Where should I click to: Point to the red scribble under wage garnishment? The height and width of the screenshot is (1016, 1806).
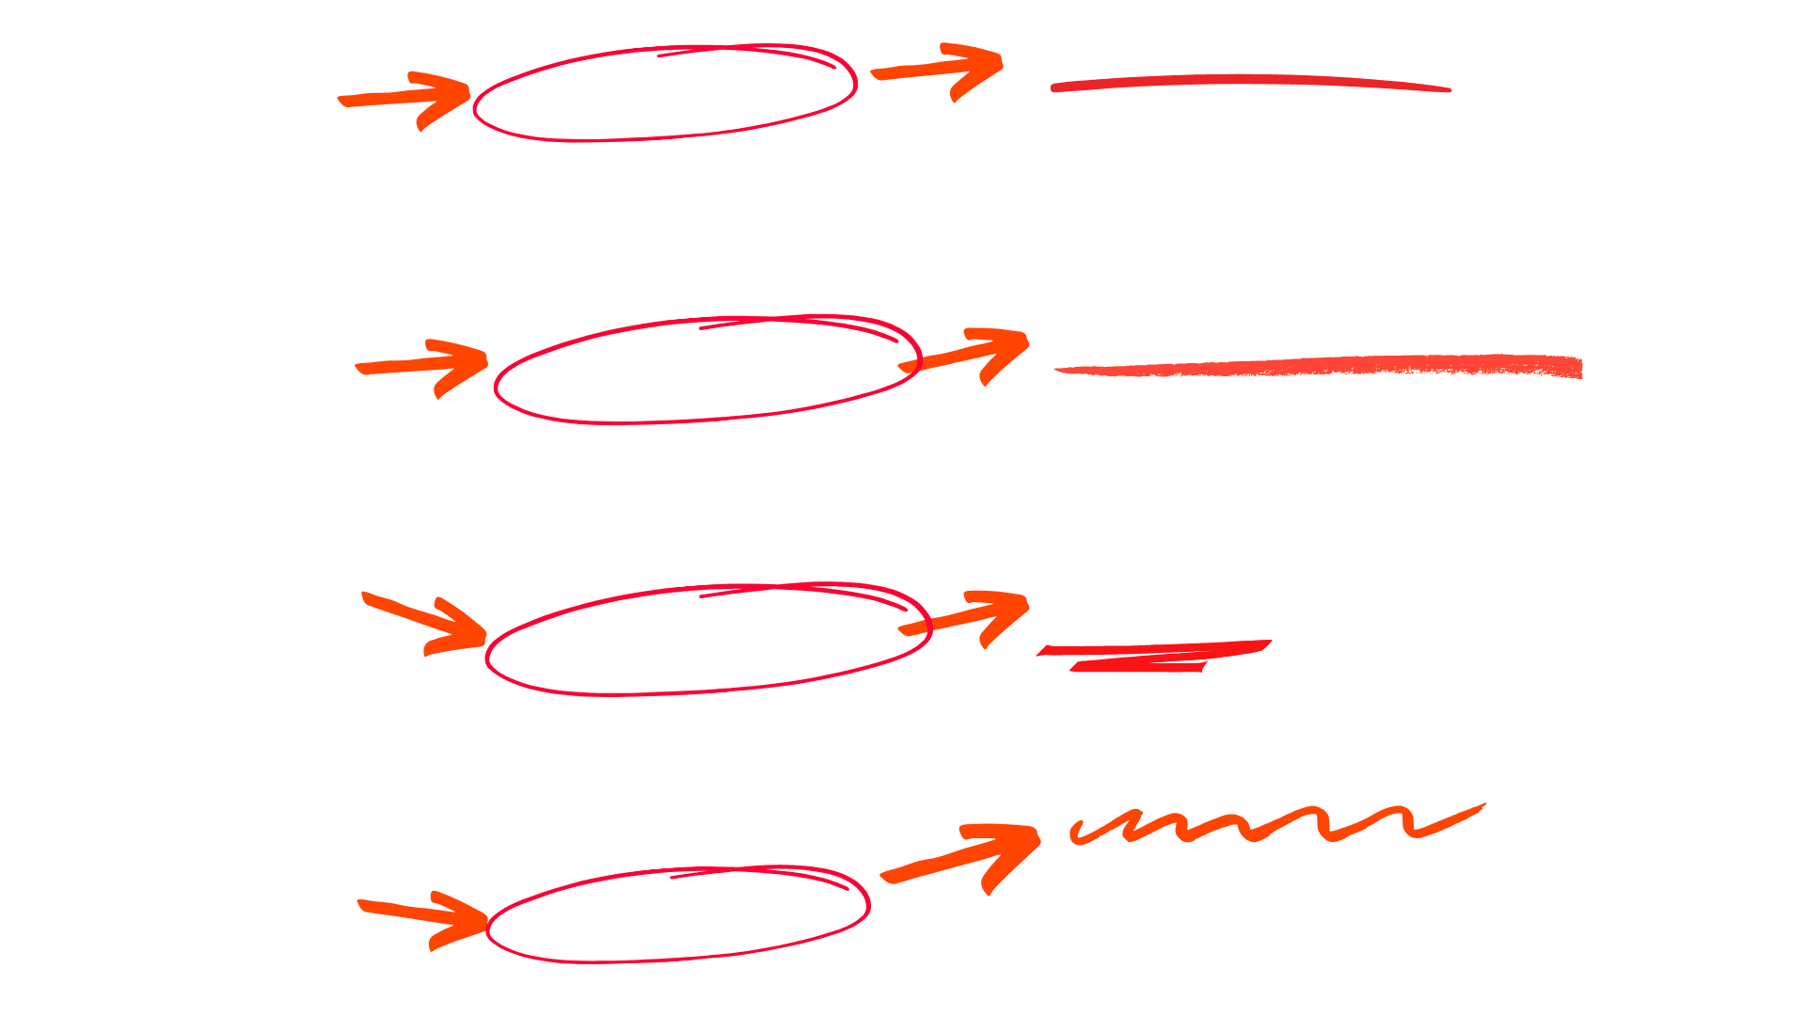[1152, 656]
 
